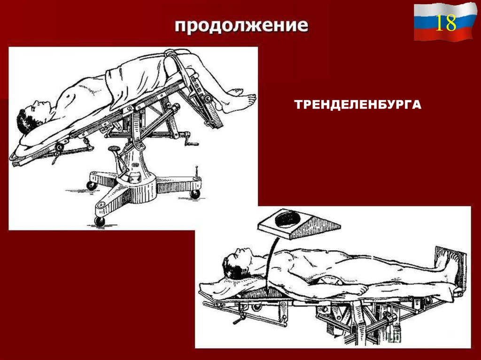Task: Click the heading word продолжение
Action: click(x=241, y=25)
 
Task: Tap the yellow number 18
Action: click(x=446, y=23)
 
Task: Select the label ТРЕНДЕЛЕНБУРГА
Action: click(x=357, y=105)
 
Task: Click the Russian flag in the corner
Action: click(x=445, y=22)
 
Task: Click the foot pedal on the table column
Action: click(x=114, y=149)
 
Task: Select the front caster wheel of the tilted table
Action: click(x=100, y=221)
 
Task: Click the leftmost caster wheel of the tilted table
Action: click(x=91, y=185)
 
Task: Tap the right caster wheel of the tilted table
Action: click(x=195, y=193)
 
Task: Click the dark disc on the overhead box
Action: click(x=287, y=219)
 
